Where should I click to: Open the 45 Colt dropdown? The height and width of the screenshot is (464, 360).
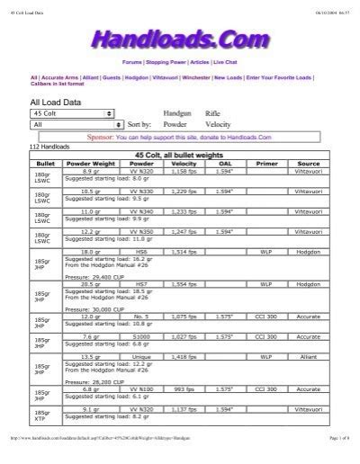coord(72,114)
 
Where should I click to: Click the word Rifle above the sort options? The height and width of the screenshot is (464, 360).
coord(214,114)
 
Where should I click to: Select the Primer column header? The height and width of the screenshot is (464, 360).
coord(267,165)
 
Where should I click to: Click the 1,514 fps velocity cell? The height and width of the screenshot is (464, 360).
coord(184,253)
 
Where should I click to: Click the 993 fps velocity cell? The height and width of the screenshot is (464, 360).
coord(184,389)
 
